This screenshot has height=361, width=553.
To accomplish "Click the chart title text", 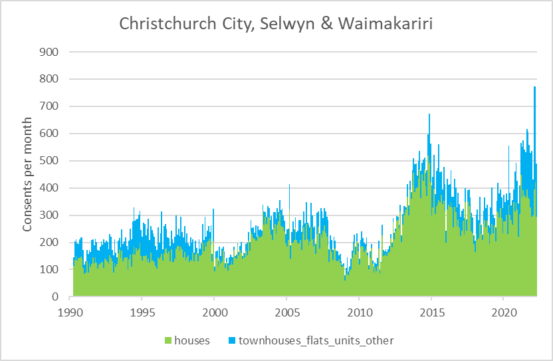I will click(276, 23).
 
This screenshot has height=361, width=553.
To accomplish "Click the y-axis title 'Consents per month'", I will click(27, 175).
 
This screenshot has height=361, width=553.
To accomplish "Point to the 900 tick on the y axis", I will click(51, 52).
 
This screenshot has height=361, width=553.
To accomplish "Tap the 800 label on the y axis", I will click(51, 79).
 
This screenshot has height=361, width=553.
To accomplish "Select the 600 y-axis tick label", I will click(51, 134).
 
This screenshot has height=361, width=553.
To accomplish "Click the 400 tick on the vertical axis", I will click(51, 188).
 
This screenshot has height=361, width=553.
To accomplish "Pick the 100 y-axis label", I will click(51, 270).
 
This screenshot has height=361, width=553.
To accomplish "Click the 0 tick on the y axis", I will click(56, 297).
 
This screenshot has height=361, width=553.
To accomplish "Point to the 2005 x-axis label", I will click(286, 312).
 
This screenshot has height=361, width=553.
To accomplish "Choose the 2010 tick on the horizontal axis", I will click(359, 312).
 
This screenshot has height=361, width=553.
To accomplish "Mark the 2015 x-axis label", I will click(431, 312).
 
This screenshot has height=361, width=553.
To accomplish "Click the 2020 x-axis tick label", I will click(504, 312).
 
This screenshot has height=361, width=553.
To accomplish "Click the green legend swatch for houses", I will click(167, 341).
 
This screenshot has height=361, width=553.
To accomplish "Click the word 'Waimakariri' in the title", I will click(384, 23).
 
